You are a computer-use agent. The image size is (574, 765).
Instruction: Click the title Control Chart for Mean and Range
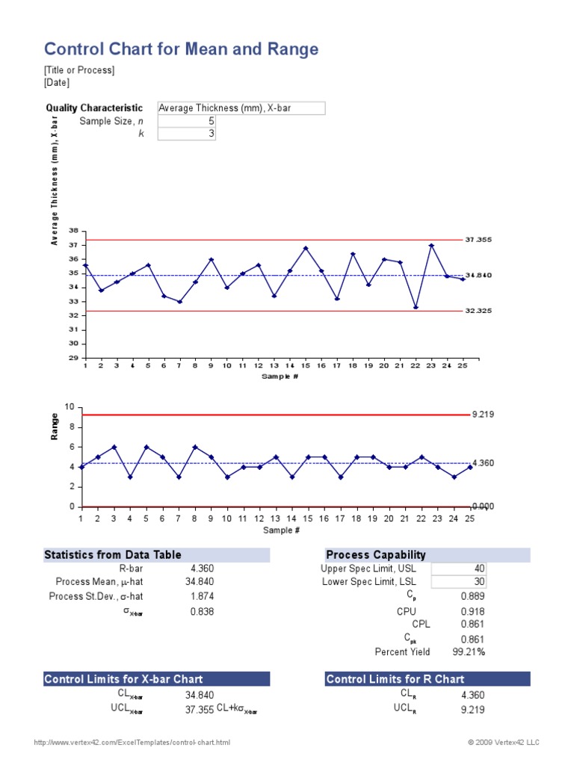click(182, 49)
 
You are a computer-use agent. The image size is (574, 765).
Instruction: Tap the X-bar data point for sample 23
click(431, 246)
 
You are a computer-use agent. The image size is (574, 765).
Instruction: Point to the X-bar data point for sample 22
click(416, 307)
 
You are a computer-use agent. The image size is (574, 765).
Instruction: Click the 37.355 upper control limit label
click(478, 241)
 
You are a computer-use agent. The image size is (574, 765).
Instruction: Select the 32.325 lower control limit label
click(478, 310)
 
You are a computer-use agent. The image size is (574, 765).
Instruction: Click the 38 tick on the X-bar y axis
click(73, 231)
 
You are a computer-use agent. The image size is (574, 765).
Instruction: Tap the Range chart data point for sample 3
click(114, 447)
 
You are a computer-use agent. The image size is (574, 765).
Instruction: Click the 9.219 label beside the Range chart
click(483, 415)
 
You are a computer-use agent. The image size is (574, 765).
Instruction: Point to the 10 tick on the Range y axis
click(70, 407)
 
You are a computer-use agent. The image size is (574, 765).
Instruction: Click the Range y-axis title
click(55, 427)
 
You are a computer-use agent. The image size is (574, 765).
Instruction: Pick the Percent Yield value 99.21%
click(469, 651)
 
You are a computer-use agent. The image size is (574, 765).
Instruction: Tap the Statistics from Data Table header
click(113, 554)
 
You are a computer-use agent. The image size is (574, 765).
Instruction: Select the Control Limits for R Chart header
click(395, 679)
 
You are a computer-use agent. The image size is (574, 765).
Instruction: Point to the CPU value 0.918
click(472, 610)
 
